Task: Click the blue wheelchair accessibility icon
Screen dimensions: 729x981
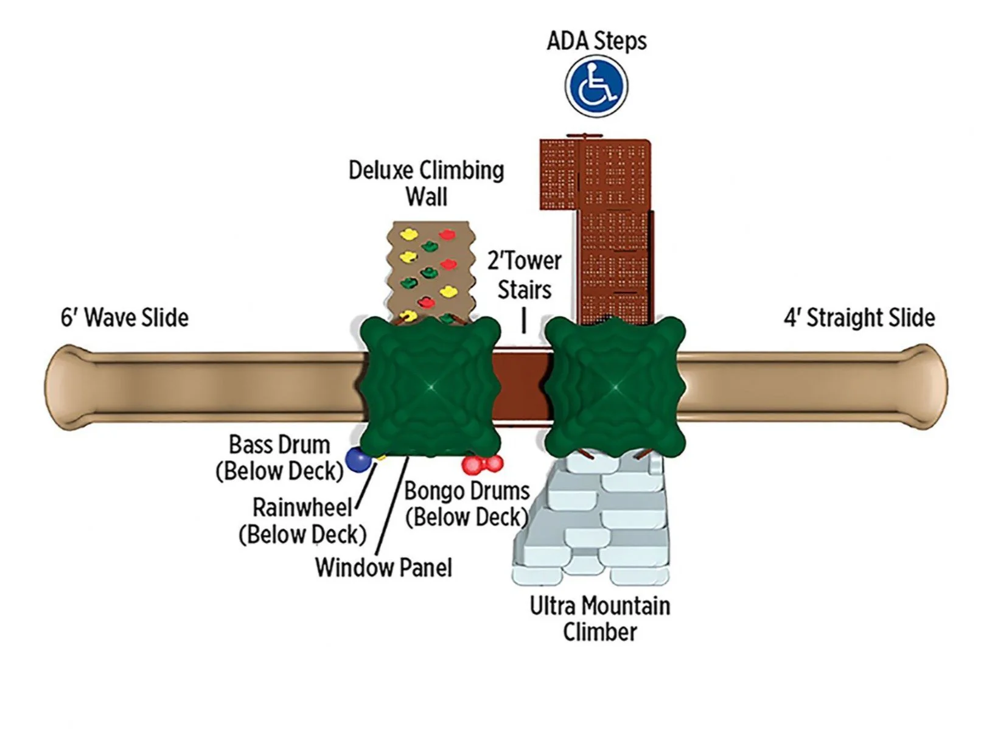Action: click(596, 86)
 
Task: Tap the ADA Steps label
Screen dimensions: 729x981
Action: click(596, 41)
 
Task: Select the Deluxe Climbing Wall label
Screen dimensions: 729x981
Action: click(426, 183)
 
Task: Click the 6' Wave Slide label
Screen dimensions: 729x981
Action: click(125, 318)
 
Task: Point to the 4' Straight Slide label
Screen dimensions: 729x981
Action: click(859, 318)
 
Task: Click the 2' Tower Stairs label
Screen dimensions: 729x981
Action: click(524, 275)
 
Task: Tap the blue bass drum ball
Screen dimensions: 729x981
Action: click(358, 460)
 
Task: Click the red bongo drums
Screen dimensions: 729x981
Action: click(482, 464)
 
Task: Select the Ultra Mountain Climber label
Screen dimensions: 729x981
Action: click(599, 618)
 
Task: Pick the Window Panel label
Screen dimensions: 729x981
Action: click(383, 568)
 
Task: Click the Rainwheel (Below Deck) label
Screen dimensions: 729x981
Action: click(302, 521)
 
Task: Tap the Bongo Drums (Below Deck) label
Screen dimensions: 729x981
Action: click(467, 504)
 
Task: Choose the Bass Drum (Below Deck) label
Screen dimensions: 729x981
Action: click(279, 458)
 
